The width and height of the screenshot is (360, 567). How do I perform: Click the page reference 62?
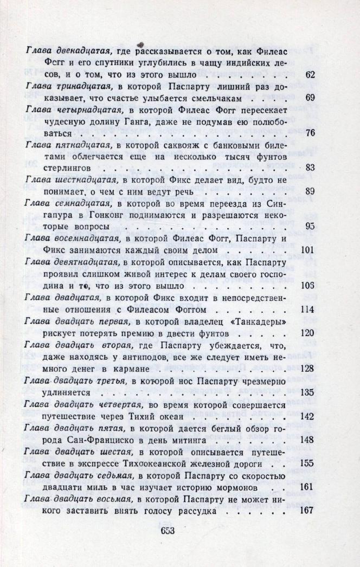coord(310,74)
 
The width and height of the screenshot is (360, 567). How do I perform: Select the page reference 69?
coord(310,98)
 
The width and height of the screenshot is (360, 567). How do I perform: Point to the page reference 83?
coord(310,167)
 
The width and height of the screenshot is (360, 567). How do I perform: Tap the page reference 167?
coord(307,511)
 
